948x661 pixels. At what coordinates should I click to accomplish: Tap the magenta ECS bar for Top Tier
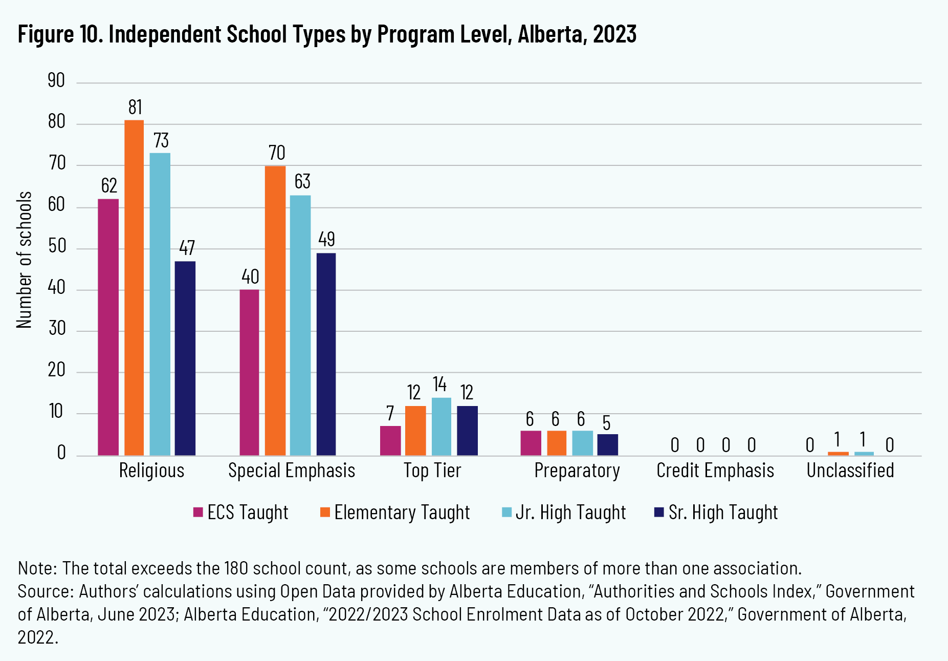[390, 441]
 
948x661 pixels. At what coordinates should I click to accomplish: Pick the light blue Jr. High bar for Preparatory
[582, 443]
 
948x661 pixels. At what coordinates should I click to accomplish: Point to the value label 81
[135, 108]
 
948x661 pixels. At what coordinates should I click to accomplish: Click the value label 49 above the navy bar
[326, 239]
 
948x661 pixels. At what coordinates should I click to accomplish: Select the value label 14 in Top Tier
[439, 384]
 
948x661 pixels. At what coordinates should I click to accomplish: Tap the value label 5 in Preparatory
[606, 423]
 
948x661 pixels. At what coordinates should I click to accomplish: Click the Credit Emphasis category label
[715, 471]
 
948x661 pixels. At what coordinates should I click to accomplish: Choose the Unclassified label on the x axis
[850, 471]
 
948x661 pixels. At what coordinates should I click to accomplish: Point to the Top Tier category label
[432, 471]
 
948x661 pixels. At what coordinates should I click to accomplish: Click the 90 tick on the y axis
[56, 81]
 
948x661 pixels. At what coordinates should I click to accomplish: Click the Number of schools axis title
[25, 260]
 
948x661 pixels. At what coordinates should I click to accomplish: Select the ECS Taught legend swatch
[198, 512]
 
